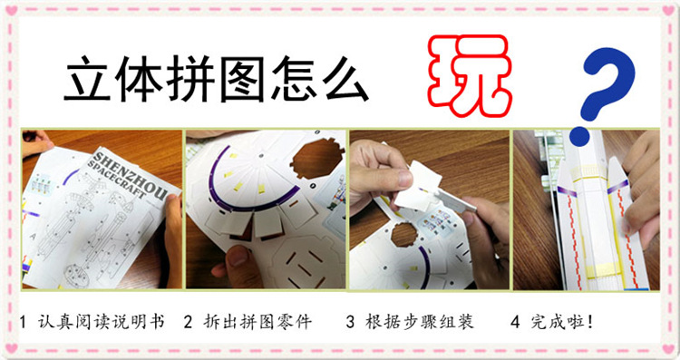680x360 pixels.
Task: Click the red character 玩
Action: (466, 76)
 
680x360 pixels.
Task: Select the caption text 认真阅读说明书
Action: (102, 322)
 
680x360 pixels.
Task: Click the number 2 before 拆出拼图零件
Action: (188, 322)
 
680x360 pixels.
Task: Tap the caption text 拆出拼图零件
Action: (259, 322)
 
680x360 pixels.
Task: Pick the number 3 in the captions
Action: (350, 322)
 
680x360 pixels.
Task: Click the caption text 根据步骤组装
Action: (422, 322)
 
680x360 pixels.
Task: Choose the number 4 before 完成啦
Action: (514, 322)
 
